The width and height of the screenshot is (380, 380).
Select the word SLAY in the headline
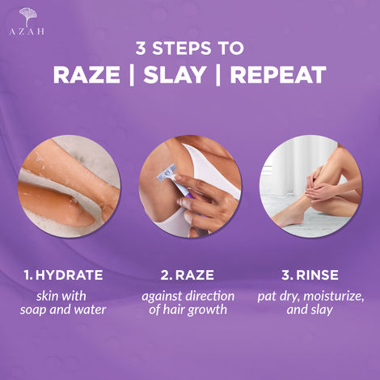point(183,75)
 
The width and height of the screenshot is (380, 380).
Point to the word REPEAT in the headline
point(279,75)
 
